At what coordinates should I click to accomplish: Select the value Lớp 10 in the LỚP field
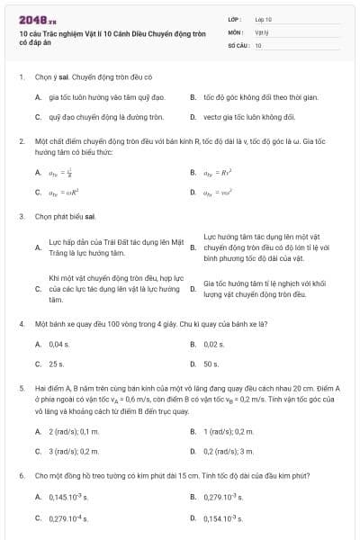pos(264,18)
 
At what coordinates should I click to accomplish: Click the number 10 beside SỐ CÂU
pos(258,44)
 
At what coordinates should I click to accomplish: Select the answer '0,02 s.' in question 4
pos(213,344)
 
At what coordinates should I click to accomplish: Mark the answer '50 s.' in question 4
pos(211,364)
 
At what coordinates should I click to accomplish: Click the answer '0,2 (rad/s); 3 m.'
pos(229,451)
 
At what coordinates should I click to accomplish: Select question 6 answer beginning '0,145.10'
pos(67,497)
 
